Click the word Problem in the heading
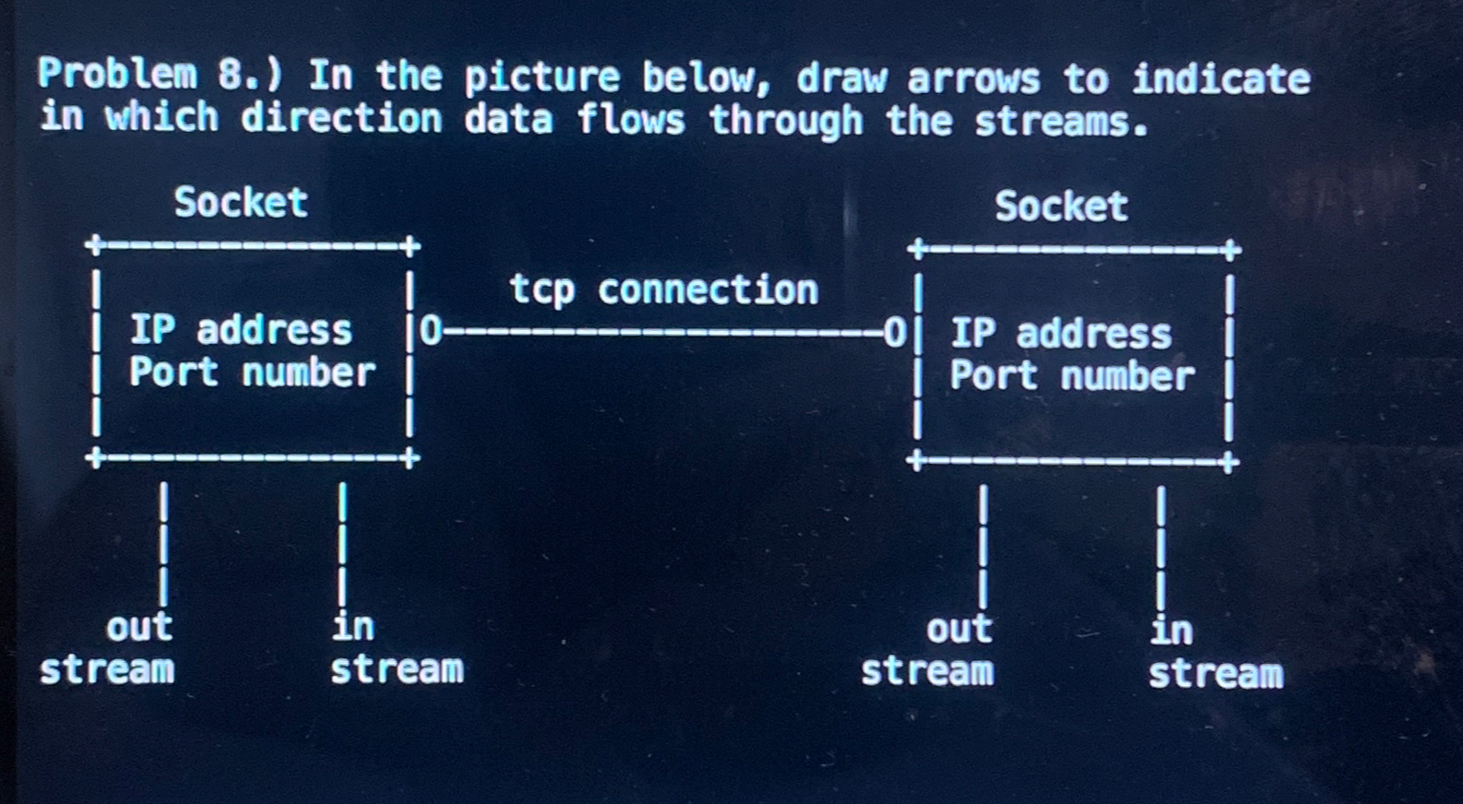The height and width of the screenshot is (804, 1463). click(116, 74)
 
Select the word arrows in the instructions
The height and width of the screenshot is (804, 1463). click(973, 79)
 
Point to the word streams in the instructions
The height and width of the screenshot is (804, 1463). click(1061, 121)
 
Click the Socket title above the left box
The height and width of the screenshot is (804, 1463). click(241, 202)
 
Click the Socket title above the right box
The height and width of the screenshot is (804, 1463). click(1061, 206)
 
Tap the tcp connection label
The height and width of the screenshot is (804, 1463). click(663, 290)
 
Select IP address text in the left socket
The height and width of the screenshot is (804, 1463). click(241, 329)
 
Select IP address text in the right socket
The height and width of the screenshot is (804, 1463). click(1061, 333)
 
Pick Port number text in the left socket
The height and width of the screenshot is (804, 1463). click(252, 372)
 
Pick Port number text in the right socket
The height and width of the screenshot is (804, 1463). click(1072, 375)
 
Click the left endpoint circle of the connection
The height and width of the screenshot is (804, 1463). click(431, 330)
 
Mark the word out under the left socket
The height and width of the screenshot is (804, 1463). click(139, 627)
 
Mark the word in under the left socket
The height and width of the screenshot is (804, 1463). click(352, 626)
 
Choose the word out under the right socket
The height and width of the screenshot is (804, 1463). click(959, 629)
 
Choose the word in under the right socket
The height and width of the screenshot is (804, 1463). click(1172, 631)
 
